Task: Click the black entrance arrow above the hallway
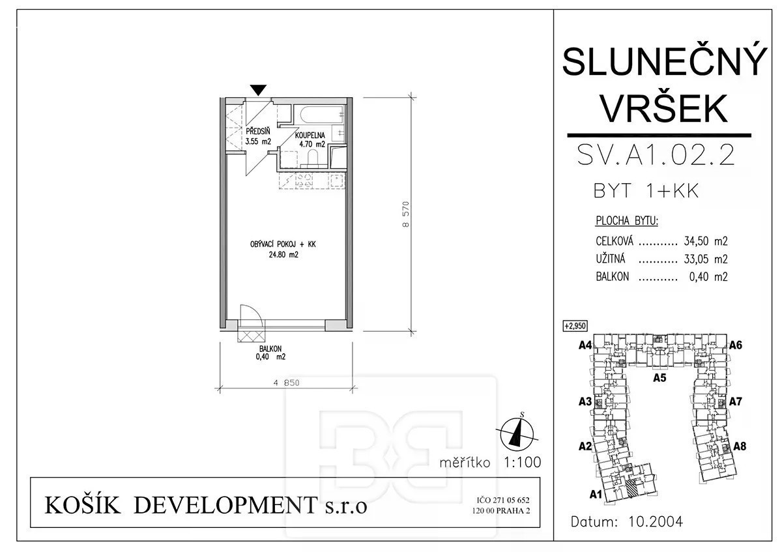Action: click(258, 90)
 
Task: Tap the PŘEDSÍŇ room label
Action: click(257, 132)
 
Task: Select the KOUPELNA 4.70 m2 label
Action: click(310, 139)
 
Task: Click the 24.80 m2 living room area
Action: click(283, 255)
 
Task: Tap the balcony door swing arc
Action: click(252, 313)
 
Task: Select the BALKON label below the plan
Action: click(270, 349)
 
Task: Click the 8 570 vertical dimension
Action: click(405, 214)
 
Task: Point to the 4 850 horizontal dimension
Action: click(286, 383)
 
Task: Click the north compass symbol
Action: click(517, 434)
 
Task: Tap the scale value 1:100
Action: click(522, 462)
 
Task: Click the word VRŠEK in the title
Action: click(665, 109)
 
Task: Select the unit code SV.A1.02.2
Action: click(656, 156)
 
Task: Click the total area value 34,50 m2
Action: click(706, 241)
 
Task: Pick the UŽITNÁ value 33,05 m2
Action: click(706, 259)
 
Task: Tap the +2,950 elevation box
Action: click(575, 326)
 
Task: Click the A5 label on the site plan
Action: click(659, 378)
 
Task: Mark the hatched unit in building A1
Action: click(631, 487)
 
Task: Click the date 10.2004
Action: click(656, 521)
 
